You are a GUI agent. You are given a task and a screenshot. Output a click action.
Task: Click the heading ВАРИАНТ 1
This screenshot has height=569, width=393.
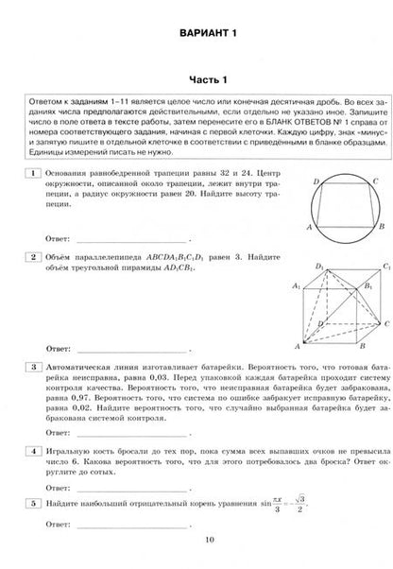[x=196, y=35]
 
